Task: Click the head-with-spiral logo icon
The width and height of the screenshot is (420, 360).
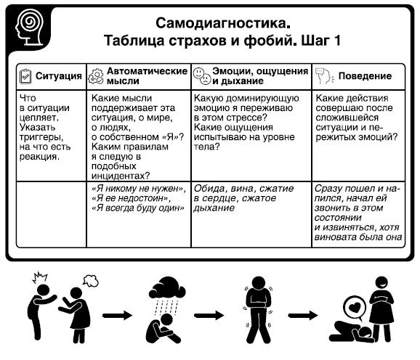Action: point(30,28)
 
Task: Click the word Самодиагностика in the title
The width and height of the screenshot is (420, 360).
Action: point(221,23)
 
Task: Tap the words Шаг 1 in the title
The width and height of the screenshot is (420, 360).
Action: point(321,41)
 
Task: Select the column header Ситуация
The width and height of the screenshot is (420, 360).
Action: point(59,76)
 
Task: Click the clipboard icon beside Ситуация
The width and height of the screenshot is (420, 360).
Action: point(25,76)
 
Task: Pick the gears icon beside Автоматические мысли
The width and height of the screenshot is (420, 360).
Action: point(96,76)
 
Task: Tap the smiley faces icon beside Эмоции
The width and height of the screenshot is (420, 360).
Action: point(202,76)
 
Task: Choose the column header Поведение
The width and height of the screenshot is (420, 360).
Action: point(365,76)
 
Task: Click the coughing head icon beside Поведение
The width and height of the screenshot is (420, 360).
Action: point(325,76)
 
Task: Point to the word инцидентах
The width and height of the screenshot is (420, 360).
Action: point(121,176)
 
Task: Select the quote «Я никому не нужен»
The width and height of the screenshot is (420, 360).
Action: point(139,189)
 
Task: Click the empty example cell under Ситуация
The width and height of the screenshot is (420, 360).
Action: point(52,215)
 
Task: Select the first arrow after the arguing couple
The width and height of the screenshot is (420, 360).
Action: point(117,316)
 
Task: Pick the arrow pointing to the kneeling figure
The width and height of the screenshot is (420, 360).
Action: point(303,315)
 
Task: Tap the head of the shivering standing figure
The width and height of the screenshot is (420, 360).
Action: point(258,284)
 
